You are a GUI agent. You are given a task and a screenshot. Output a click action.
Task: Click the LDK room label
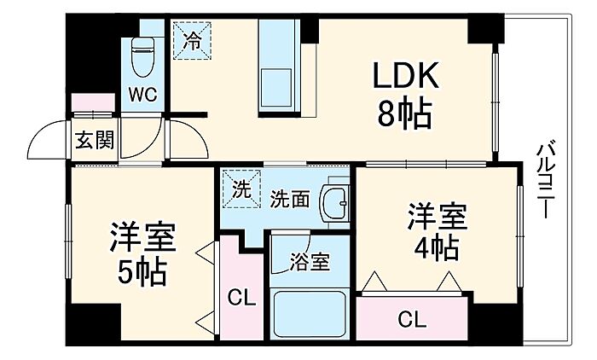[x=405, y=75]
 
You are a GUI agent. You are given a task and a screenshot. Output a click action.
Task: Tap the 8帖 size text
[x=404, y=114]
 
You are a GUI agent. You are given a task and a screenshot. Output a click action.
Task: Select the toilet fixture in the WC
[x=142, y=57]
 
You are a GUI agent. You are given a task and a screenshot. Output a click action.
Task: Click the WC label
[x=142, y=95]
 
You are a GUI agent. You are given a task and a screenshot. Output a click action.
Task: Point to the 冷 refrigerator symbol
[x=192, y=40]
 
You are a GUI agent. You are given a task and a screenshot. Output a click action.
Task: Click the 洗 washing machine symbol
[x=241, y=189]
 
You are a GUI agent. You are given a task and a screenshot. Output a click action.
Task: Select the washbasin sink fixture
[x=335, y=203]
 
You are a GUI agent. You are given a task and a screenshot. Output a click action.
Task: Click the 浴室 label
[x=309, y=262]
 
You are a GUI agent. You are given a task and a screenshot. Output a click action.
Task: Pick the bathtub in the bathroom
[x=310, y=314]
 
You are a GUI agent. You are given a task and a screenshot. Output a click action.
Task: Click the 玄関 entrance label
[x=95, y=140]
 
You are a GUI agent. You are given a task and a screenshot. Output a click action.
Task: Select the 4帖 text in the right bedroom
[x=437, y=247]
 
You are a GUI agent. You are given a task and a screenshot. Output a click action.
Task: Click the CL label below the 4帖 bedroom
[x=412, y=319]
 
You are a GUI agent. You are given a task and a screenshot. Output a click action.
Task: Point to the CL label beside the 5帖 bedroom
[x=241, y=298]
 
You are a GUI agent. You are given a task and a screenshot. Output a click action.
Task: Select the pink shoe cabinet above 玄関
[x=93, y=102]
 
